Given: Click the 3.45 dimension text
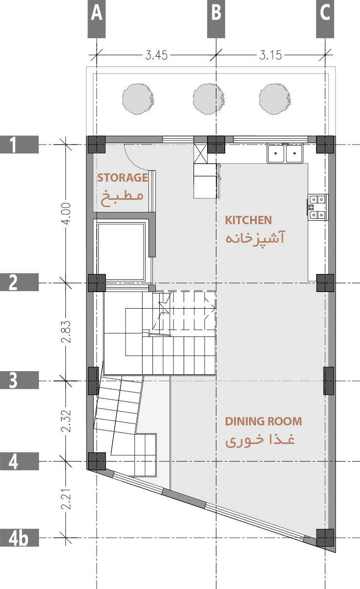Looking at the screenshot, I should [x=156, y=55].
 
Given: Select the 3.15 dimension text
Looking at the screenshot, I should [x=271, y=55].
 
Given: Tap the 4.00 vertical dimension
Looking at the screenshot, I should [x=67, y=213].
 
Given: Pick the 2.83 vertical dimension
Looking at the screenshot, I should [x=67, y=332].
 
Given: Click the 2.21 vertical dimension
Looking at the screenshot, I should [x=67, y=499].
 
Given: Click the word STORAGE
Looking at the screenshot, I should [x=123, y=177].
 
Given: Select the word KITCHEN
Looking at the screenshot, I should [x=248, y=220].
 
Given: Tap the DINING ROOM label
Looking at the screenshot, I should [x=263, y=421].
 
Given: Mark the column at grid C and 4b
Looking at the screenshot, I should [x=325, y=537].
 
